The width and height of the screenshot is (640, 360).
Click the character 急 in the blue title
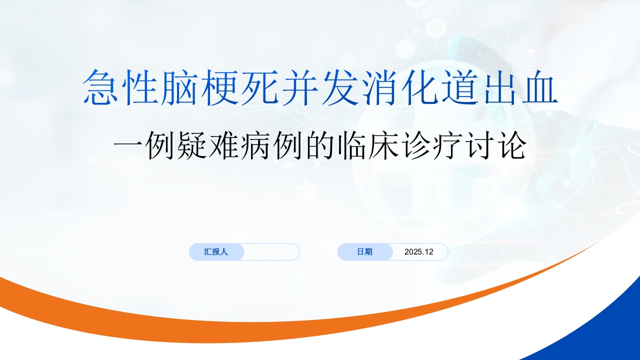tap(100, 87)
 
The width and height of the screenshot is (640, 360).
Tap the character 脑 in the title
tap(179, 87)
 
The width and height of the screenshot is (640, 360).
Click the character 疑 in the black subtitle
tap(192, 145)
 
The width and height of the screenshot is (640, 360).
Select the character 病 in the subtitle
tap(255, 145)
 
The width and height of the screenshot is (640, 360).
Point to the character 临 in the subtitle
tap(351, 145)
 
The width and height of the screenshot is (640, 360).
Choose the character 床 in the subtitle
tap(383, 145)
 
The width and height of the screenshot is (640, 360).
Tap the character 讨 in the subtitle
tap(479, 145)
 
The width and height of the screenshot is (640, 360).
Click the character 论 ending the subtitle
tap(512, 145)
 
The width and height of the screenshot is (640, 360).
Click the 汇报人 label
tap(216, 251)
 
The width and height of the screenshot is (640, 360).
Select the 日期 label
tap(364, 251)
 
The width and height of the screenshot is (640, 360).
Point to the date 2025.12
tap(419, 251)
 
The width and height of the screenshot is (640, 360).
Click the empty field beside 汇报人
tap(271, 251)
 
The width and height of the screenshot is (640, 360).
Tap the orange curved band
tap(257, 331)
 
